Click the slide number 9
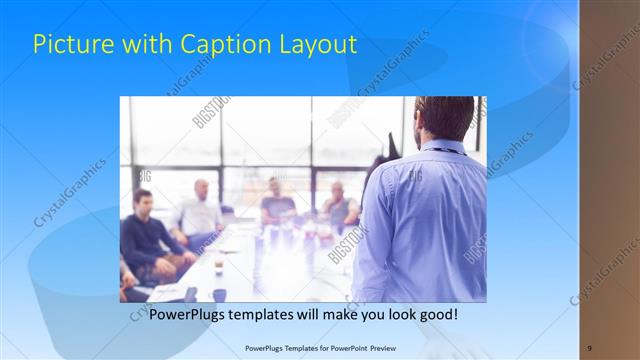point(589,347)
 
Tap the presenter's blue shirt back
point(425,220)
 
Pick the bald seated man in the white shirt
point(200,212)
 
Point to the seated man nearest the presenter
point(339,206)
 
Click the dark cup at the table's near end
point(219,294)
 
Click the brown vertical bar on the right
point(609,180)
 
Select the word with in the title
point(147,45)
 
